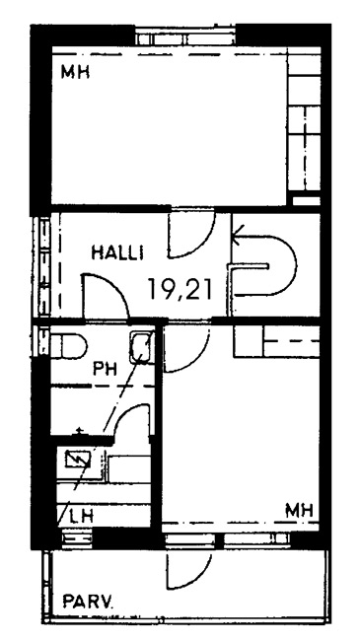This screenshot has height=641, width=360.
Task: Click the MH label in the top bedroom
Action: (x=75, y=72)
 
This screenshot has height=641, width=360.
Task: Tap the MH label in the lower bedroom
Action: (x=300, y=510)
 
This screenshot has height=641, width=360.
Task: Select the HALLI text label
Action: (x=117, y=253)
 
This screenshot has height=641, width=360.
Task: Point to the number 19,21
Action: (x=180, y=289)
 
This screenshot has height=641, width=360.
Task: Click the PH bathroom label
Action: (x=105, y=370)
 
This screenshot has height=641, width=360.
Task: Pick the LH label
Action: (x=82, y=517)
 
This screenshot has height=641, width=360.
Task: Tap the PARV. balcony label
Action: (x=89, y=602)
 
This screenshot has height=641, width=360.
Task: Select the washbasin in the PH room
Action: (x=142, y=347)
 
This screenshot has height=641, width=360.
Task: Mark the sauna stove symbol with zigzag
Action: (x=78, y=460)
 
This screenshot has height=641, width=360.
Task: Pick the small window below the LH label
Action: (x=77, y=538)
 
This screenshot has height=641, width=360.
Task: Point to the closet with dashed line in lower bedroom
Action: (x=276, y=342)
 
